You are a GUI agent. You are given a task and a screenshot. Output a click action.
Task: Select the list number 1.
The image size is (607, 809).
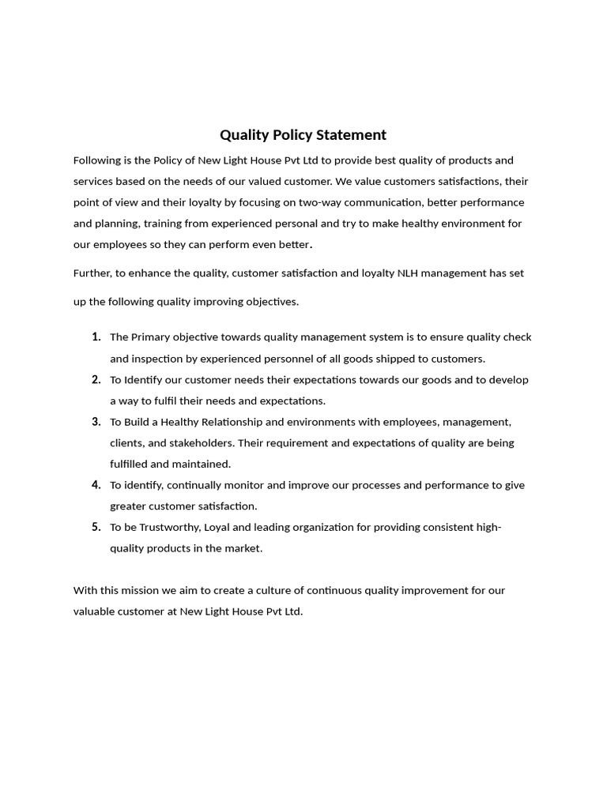[x=96, y=337]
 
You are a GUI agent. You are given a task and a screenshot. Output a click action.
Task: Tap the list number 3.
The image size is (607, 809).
[x=96, y=422]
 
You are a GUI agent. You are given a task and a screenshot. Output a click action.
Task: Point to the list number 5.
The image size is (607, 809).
[x=96, y=527]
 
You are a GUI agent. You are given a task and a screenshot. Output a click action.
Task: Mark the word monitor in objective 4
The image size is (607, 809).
[x=239, y=485]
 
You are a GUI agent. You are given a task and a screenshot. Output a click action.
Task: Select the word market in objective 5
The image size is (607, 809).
[x=243, y=548]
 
